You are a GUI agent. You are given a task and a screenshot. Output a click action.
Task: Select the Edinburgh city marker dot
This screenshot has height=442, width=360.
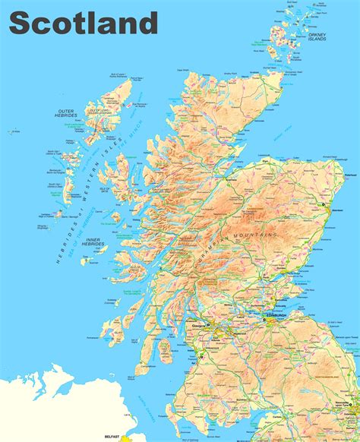coord(265,320)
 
